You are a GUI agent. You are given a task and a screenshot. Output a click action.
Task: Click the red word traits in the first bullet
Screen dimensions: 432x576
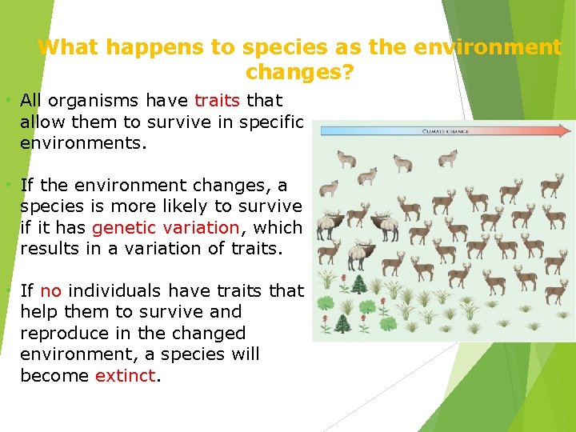217,101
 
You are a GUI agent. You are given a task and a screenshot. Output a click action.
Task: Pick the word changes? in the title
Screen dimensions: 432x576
300,73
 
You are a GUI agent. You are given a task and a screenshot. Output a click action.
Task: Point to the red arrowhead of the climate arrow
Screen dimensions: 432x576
567,130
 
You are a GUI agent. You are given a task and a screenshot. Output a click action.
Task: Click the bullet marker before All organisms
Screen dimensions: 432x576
7,101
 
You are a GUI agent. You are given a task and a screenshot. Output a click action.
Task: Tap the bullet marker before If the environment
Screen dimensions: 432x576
7,186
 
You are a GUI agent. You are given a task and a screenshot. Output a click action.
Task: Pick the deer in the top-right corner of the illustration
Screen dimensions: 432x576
552,185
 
